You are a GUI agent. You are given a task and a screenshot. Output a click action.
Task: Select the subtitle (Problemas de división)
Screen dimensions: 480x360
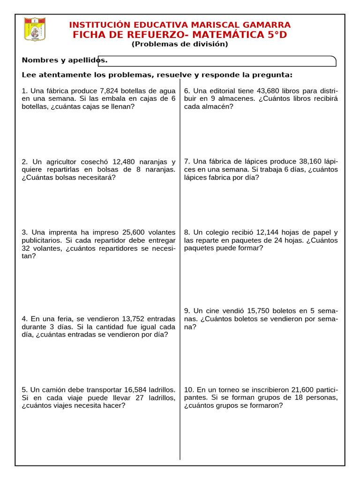tap(180, 44)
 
